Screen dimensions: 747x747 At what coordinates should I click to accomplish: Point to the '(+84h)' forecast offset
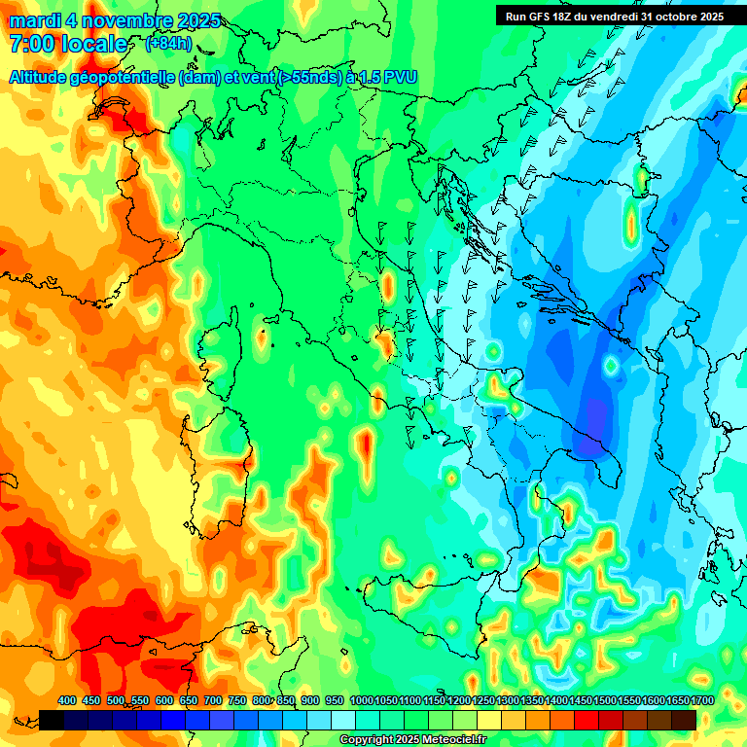click(x=168, y=44)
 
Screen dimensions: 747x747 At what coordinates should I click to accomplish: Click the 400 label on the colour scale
click(x=67, y=700)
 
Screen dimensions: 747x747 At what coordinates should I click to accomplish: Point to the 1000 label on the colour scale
click(x=361, y=700)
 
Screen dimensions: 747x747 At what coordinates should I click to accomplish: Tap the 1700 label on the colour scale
click(x=676, y=700)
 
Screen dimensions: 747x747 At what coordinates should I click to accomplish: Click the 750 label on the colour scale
click(x=237, y=700)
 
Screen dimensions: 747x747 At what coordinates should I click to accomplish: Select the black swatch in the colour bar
click(x=52, y=719)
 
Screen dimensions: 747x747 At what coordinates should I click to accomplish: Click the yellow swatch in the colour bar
click(x=489, y=719)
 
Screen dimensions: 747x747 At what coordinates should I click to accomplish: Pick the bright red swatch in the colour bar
click(x=587, y=719)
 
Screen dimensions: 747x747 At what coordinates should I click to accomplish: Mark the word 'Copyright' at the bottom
click(x=367, y=739)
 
